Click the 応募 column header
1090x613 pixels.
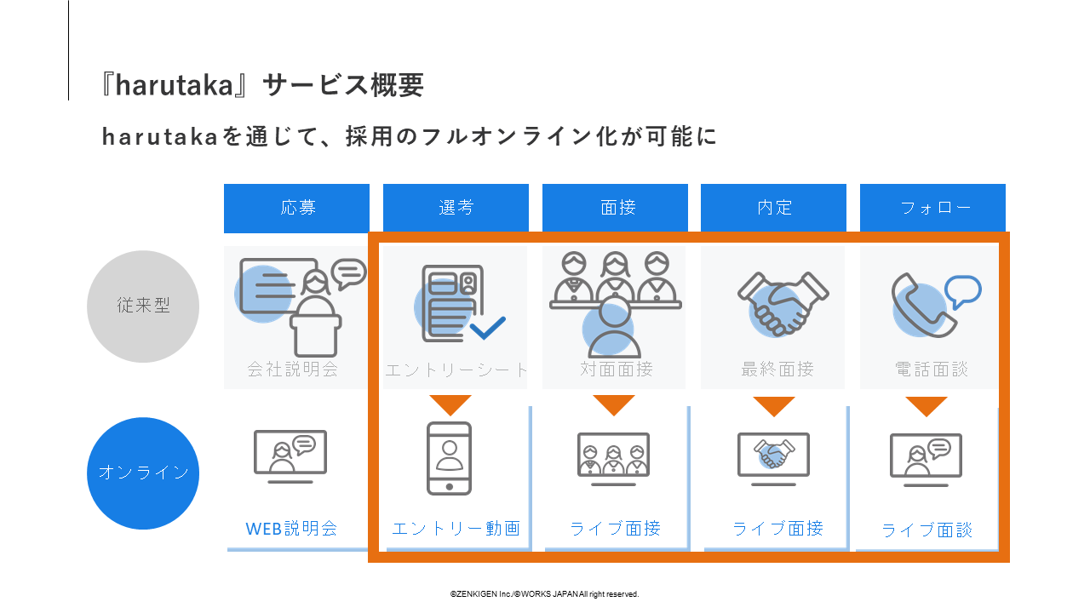point(296,208)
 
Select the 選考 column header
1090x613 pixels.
point(456,208)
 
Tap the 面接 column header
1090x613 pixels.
point(615,208)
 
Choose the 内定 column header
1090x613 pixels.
point(773,208)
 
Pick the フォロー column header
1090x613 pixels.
point(932,208)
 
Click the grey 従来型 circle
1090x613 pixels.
point(143,306)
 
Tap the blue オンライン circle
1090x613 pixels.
point(143,473)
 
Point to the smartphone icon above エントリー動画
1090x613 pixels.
point(449,458)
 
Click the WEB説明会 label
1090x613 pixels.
point(292,529)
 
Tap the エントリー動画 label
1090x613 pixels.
point(456,529)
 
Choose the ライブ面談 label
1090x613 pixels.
point(926,530)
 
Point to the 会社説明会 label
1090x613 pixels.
point(292,370)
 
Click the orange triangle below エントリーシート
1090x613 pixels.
point(450,404)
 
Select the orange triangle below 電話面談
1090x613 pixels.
point(926,406)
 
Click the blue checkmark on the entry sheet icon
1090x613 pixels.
point(487,328)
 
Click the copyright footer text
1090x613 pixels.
point(544,594)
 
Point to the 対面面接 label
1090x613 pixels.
point(617,370)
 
